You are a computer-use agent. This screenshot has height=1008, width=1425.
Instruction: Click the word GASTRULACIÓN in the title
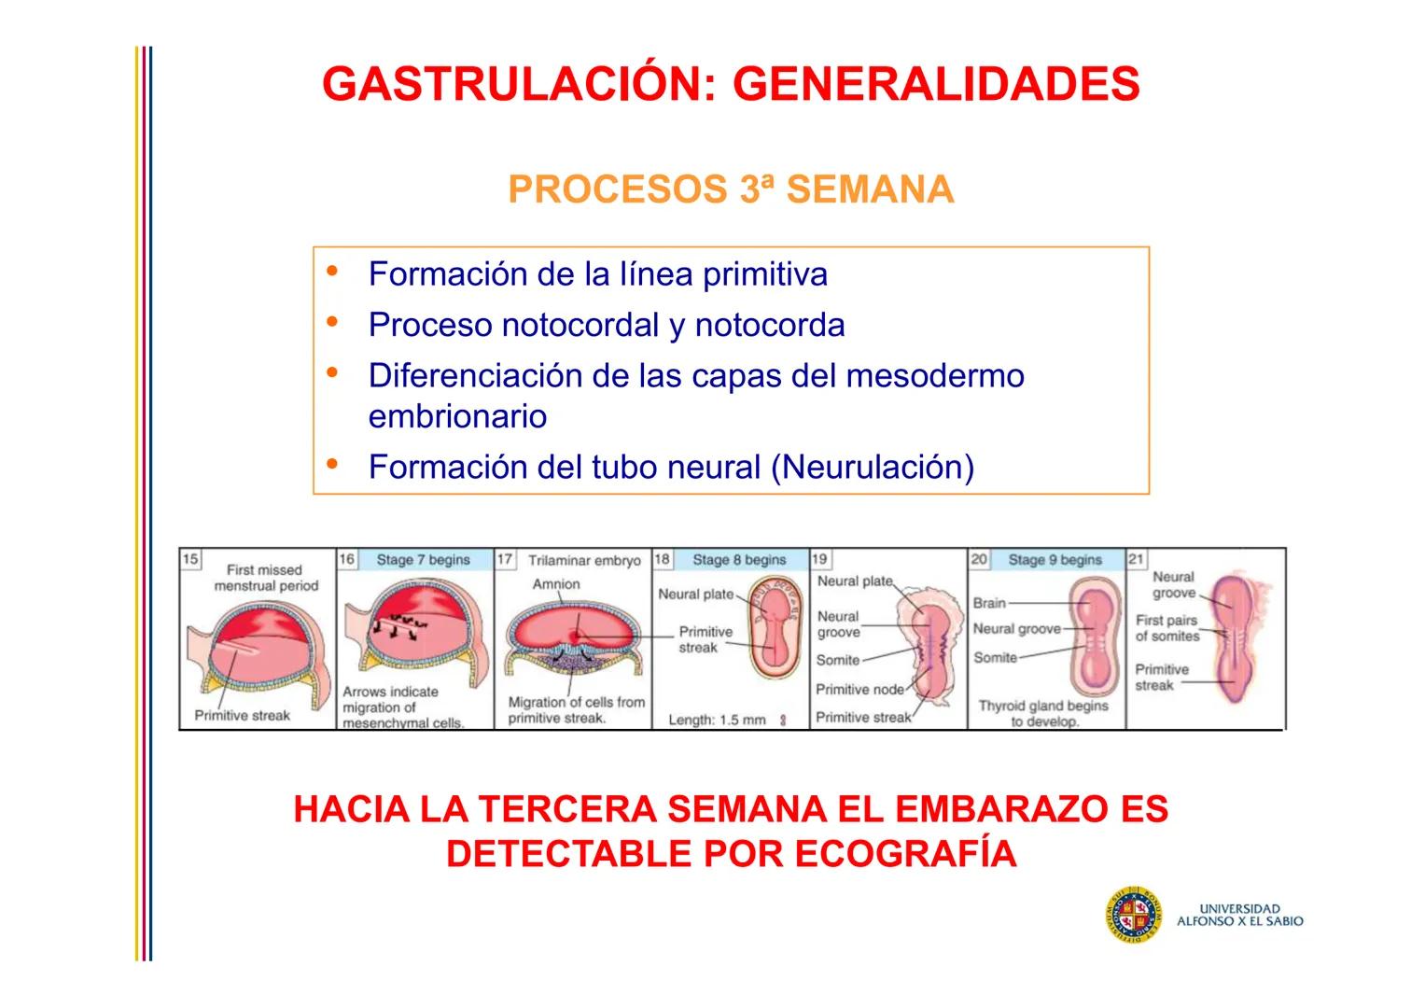[x=510, y=85]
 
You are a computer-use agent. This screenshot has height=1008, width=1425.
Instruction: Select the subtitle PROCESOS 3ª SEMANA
[x=731, y=189]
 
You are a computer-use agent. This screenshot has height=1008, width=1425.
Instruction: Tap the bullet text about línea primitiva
[x=597, y=274]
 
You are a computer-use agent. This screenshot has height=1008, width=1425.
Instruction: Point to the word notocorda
[x=769, y=325]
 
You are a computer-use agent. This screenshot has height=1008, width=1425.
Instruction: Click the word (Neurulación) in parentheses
[x=872, y=467]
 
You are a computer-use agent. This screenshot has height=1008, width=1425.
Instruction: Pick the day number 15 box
[x=190, y=559]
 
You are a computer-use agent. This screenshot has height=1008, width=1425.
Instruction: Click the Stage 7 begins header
[x=423, y=560]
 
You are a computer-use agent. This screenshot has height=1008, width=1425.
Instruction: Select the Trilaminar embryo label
[x=584, y=561]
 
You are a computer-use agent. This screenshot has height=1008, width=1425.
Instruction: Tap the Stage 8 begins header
[x=739, y=560]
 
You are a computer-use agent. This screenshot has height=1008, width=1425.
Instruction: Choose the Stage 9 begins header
[x=1055, y=560]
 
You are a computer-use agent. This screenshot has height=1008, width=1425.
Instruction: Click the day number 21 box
[x=1136, y=559]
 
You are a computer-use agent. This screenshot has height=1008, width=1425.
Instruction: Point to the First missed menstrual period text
[x=266, y=578]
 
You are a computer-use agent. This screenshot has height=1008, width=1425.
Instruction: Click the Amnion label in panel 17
[x=556, y=584]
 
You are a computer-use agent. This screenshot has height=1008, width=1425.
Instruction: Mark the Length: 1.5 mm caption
[x=717, y=720]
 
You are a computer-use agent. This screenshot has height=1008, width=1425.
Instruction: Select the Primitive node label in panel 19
[x=859, y=690]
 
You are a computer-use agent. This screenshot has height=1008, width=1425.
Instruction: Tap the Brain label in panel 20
[x=989, y=603]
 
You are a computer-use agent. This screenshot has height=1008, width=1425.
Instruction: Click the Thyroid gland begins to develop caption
[x=1043, y=713]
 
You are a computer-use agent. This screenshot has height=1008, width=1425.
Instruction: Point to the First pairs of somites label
[x=1167, y=628]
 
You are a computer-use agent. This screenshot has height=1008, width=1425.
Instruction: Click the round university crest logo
[x=1134, y=915]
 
